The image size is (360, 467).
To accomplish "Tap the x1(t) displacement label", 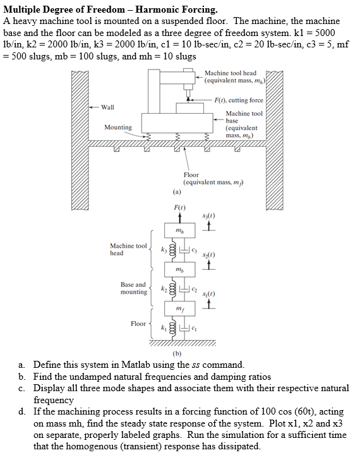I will coord(207,294).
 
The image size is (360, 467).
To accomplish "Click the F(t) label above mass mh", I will coord(179,207).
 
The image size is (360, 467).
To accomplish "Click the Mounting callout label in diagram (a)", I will coord(118,127).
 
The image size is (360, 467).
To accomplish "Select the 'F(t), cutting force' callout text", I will coord(238,100).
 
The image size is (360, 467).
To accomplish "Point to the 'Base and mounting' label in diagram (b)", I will coord(133,288).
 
